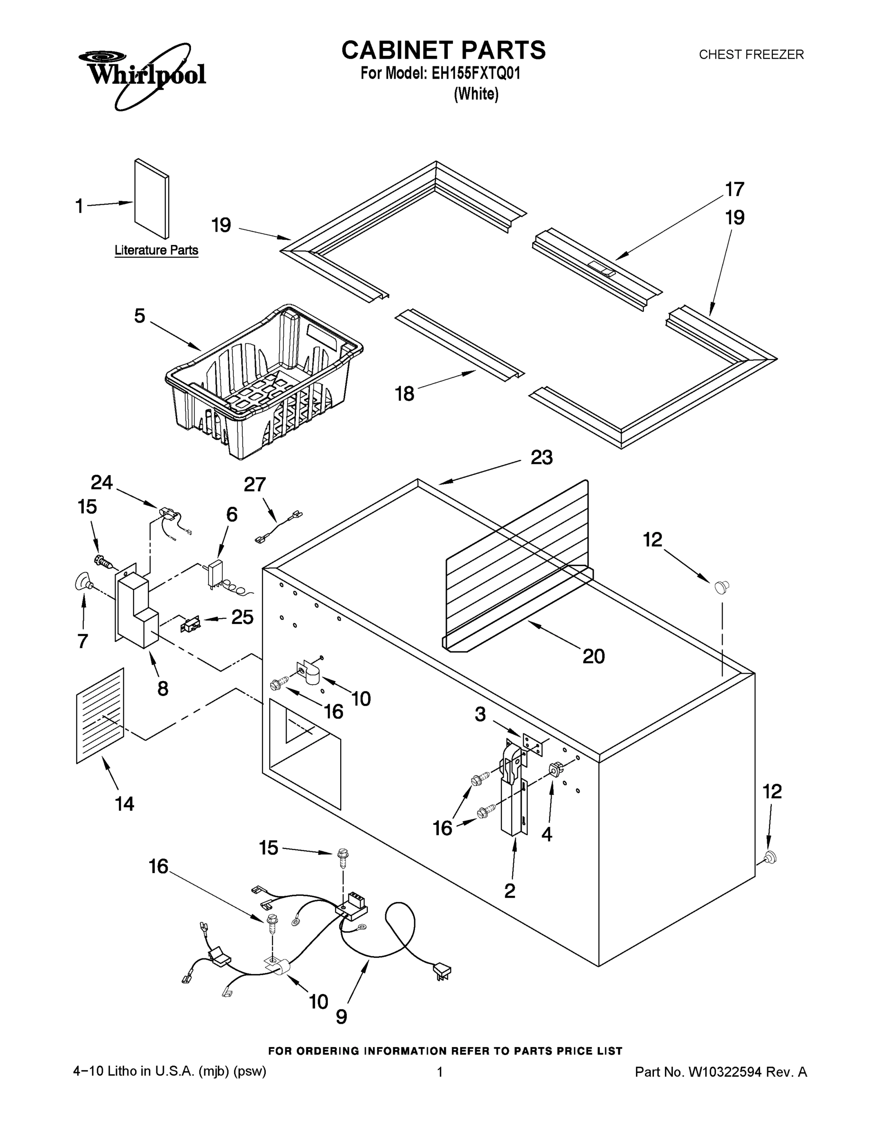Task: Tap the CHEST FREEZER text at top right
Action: point(751,54)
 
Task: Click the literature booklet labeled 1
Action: point(151,199)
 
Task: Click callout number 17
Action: point(734,189)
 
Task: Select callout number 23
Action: point(542,458)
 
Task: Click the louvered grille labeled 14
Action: point(100,715)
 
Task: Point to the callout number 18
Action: point(405,394)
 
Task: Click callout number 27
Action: point(254,484)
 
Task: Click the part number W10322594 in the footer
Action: point(725,1072)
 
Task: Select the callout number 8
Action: point(163,689)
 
